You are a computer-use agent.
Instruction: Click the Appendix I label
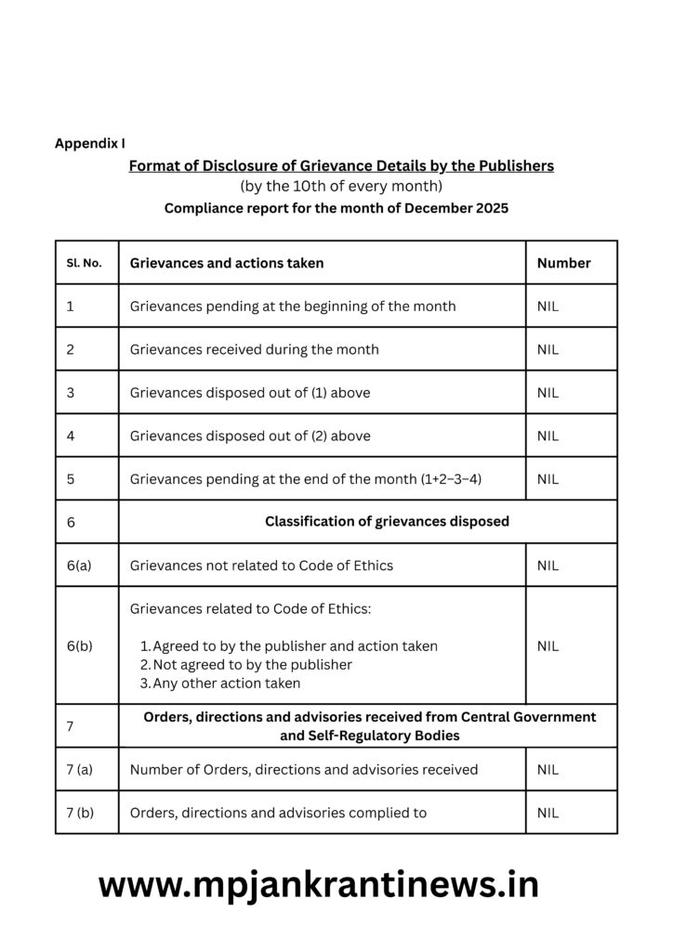(89, 143)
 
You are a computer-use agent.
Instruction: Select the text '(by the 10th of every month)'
(341, 187)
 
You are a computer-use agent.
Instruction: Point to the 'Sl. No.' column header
(84, 263)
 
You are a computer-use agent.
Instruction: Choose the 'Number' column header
(563, 263)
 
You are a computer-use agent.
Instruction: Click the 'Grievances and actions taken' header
(227, 263)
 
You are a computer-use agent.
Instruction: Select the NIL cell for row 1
(548, 306)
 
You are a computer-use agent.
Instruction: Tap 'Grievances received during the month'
(254, 349)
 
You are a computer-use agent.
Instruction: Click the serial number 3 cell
(71, 393)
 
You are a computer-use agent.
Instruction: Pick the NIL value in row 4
(548, 436)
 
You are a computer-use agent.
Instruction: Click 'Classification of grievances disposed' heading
(387, 521)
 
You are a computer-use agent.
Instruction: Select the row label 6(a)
(79, 565)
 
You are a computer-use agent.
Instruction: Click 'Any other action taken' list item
(226, 683)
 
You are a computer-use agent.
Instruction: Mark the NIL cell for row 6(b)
(548, 645)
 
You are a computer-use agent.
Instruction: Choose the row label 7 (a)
(80, 769)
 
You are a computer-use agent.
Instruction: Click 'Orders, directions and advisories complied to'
(278, 813)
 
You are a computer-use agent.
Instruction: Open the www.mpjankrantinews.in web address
(318, 885)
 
